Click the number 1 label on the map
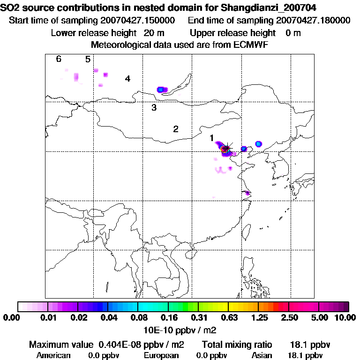[x=212, y=137]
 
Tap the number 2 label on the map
[x=176, y=129]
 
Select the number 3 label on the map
[x=154, y=107]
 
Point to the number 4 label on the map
[x=127, y=78]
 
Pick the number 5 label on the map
[x=88, y=59]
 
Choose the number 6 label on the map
[x=59, y=59]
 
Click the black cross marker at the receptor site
[x=227, y=148]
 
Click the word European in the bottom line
[x=161, y=355]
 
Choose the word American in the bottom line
[x=53, y=355]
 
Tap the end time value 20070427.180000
[x=313, y=21]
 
